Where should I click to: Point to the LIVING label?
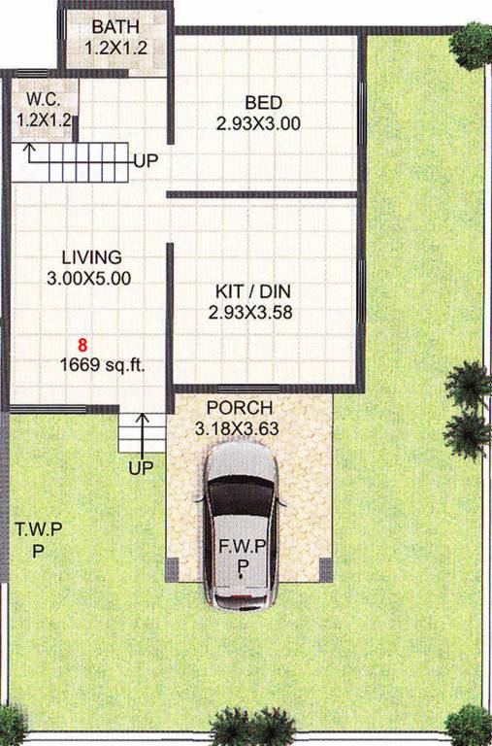[91, 257]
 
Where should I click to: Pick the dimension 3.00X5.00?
[91, 277]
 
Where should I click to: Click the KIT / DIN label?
[250, 292]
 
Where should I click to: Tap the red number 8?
[83, 345]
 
